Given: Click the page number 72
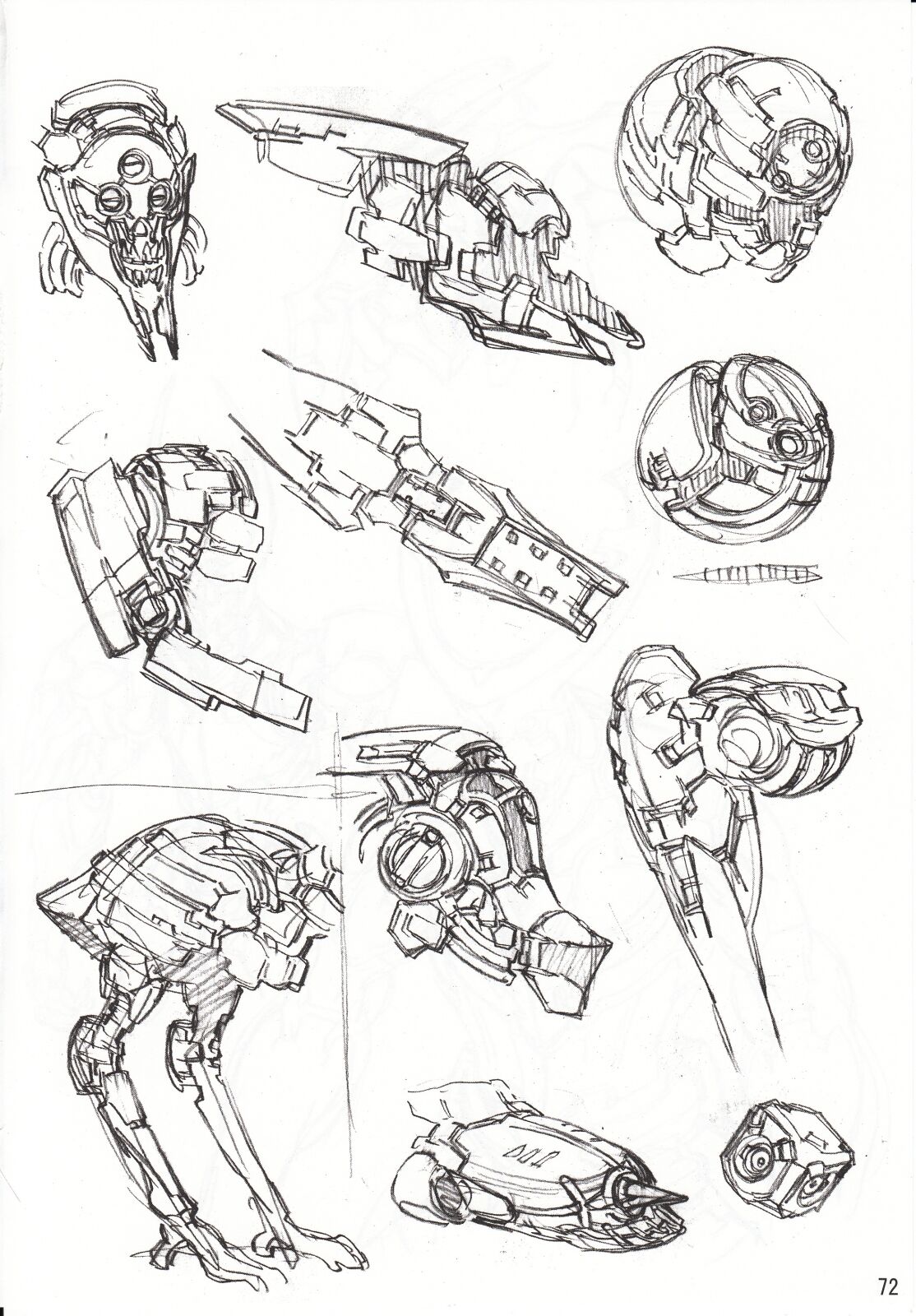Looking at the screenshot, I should tap(886, 1286).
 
